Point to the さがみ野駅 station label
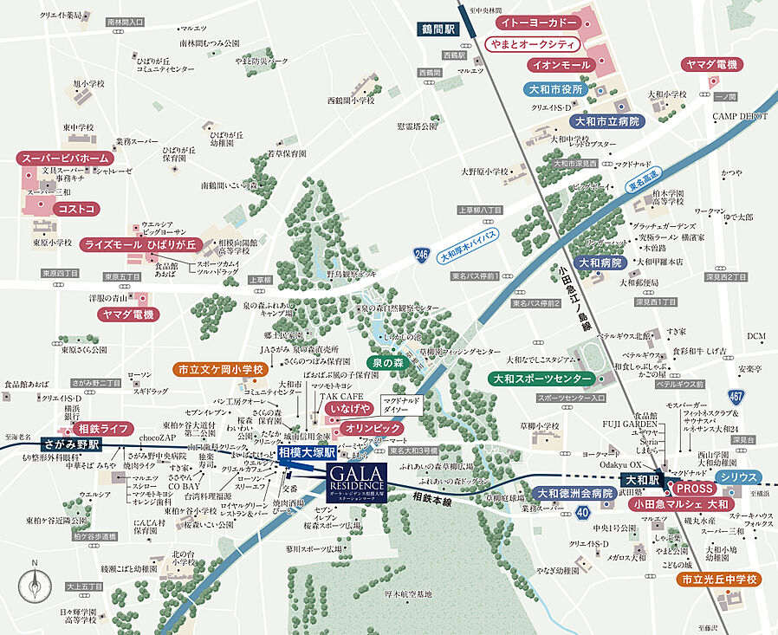71,444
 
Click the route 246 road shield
422,254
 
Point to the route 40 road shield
561,512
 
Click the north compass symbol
35,587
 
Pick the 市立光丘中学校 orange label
719,579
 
